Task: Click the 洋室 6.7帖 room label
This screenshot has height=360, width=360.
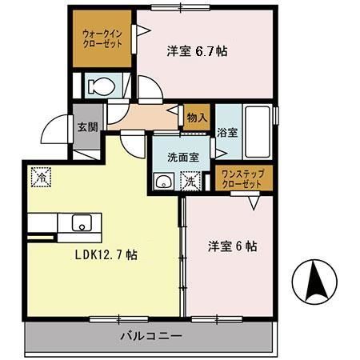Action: pyautogui.click(x=198, y=51)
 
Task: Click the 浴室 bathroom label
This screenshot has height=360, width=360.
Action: pyautogui.click(x=227, y=133)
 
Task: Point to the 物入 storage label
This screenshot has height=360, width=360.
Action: pyautogui.click(x=198, y=117)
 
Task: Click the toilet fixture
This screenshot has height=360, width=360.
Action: pyautogui.click(x=100, y=85)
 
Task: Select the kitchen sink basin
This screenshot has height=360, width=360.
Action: pyautogui.click(x=82, y=222)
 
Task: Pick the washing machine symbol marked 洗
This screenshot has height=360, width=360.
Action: pyautogui.click(x=191, y=181)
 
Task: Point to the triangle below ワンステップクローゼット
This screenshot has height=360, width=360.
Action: pyautogui.click(x=254, y=202)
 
